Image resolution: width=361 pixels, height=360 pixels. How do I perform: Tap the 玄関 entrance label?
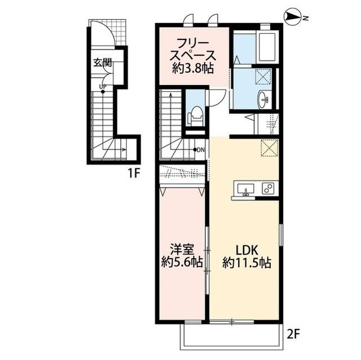(102, 62)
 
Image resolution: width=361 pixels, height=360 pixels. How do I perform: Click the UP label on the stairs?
(103, 86)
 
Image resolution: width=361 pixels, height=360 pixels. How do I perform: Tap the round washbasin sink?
(263, 100)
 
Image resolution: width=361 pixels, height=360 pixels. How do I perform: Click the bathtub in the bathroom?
(265, 48)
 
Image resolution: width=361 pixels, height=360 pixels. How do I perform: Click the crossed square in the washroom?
(263, 77)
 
